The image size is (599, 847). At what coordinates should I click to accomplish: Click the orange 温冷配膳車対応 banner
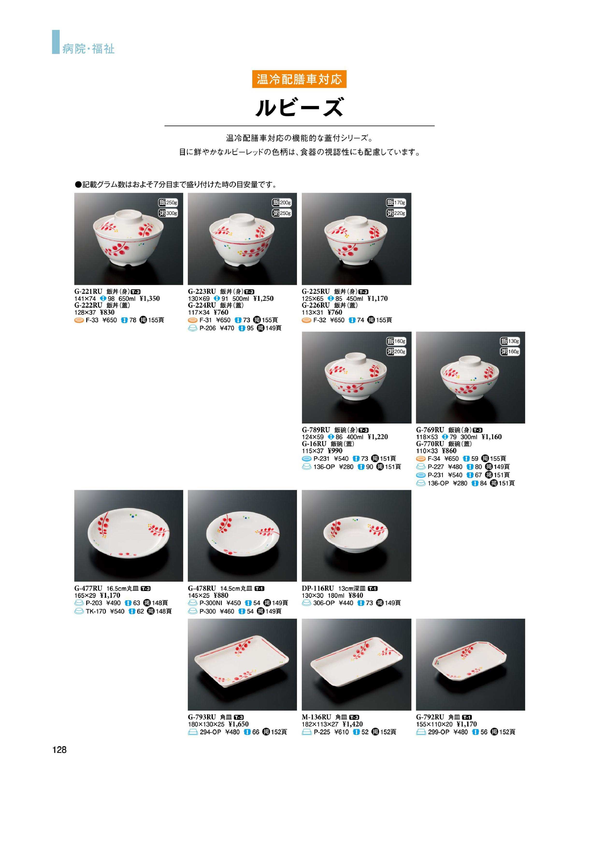[x=299, y=79]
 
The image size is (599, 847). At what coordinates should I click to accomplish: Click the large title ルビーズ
[x=299, y=107]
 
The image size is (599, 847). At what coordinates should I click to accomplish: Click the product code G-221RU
[x=88, y=291]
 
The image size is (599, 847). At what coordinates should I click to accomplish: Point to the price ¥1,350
[x=150, y=298]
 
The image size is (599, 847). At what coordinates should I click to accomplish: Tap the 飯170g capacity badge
[x=396, y=203]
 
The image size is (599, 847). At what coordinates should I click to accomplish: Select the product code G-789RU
[x=316, y=430]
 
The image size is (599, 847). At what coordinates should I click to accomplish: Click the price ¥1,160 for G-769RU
[x=492, y=437]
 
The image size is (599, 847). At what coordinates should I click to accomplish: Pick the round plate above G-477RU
[x=129, y=534]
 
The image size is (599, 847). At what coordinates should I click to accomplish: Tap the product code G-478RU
[x=202, y=588]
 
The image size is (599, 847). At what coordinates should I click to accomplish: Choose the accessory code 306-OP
[x=324, y=603]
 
